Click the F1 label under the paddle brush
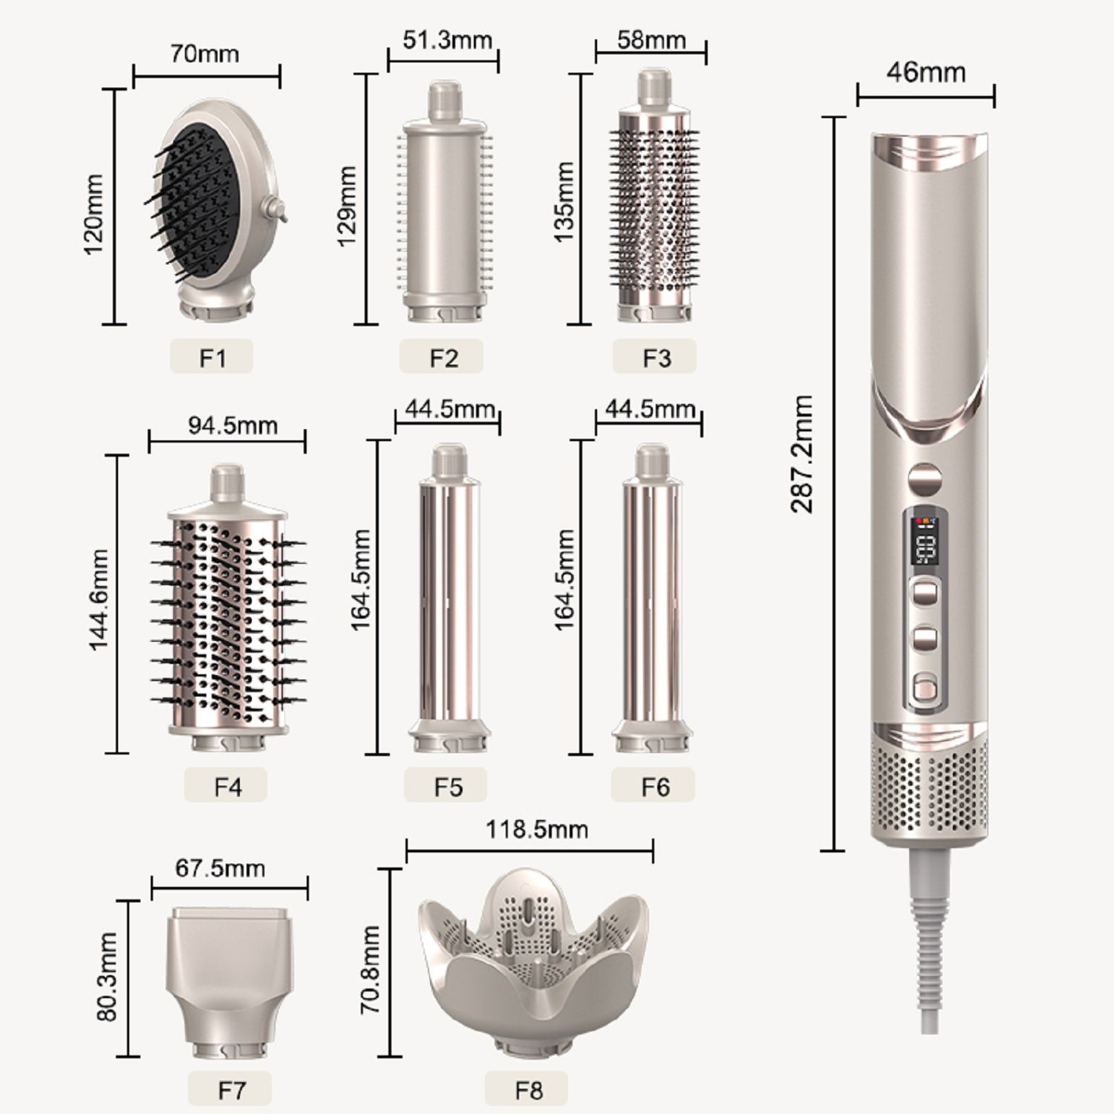click(212, 357)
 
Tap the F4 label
click(227, 786)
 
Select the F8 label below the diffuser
click(528, 1089)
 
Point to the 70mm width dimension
click(205, 54)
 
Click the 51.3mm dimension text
click(447, 39)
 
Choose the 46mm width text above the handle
click(926, 73)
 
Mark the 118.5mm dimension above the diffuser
click(536, 829)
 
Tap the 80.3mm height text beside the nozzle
click(108, 977)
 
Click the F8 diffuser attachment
click(532, 965)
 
